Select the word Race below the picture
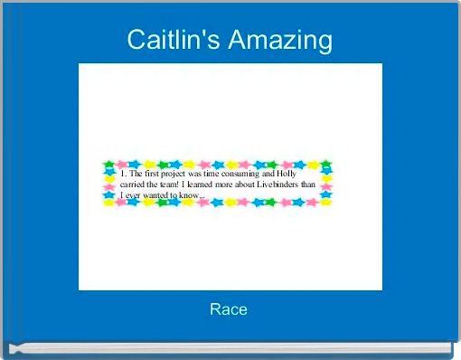pyautogui.click(x=229, y=309)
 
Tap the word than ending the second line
pyautogui.click(x=308, y=185)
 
